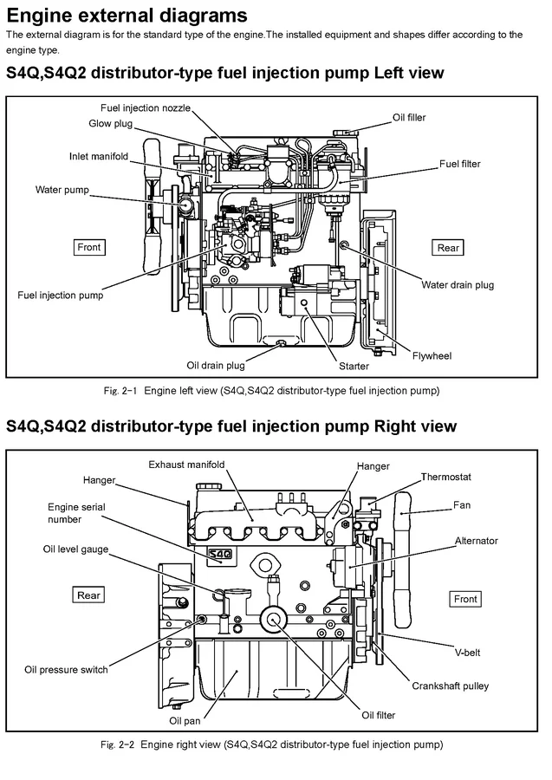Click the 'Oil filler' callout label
(410, 117)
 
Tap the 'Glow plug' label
(109, 124)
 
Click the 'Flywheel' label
(432, 355)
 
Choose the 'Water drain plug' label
(458, 284)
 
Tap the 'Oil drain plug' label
(216, 365)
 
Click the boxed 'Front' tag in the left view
(89, 247)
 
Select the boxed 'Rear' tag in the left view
(448, 248)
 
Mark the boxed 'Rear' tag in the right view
(89, 595)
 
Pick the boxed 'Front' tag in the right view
(465, 599)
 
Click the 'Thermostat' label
(446, 477)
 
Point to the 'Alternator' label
(477, 541)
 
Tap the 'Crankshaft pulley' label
(451, 686)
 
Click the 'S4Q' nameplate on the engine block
(218, 554)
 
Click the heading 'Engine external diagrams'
(127, 16)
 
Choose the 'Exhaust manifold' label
(186, 465)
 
